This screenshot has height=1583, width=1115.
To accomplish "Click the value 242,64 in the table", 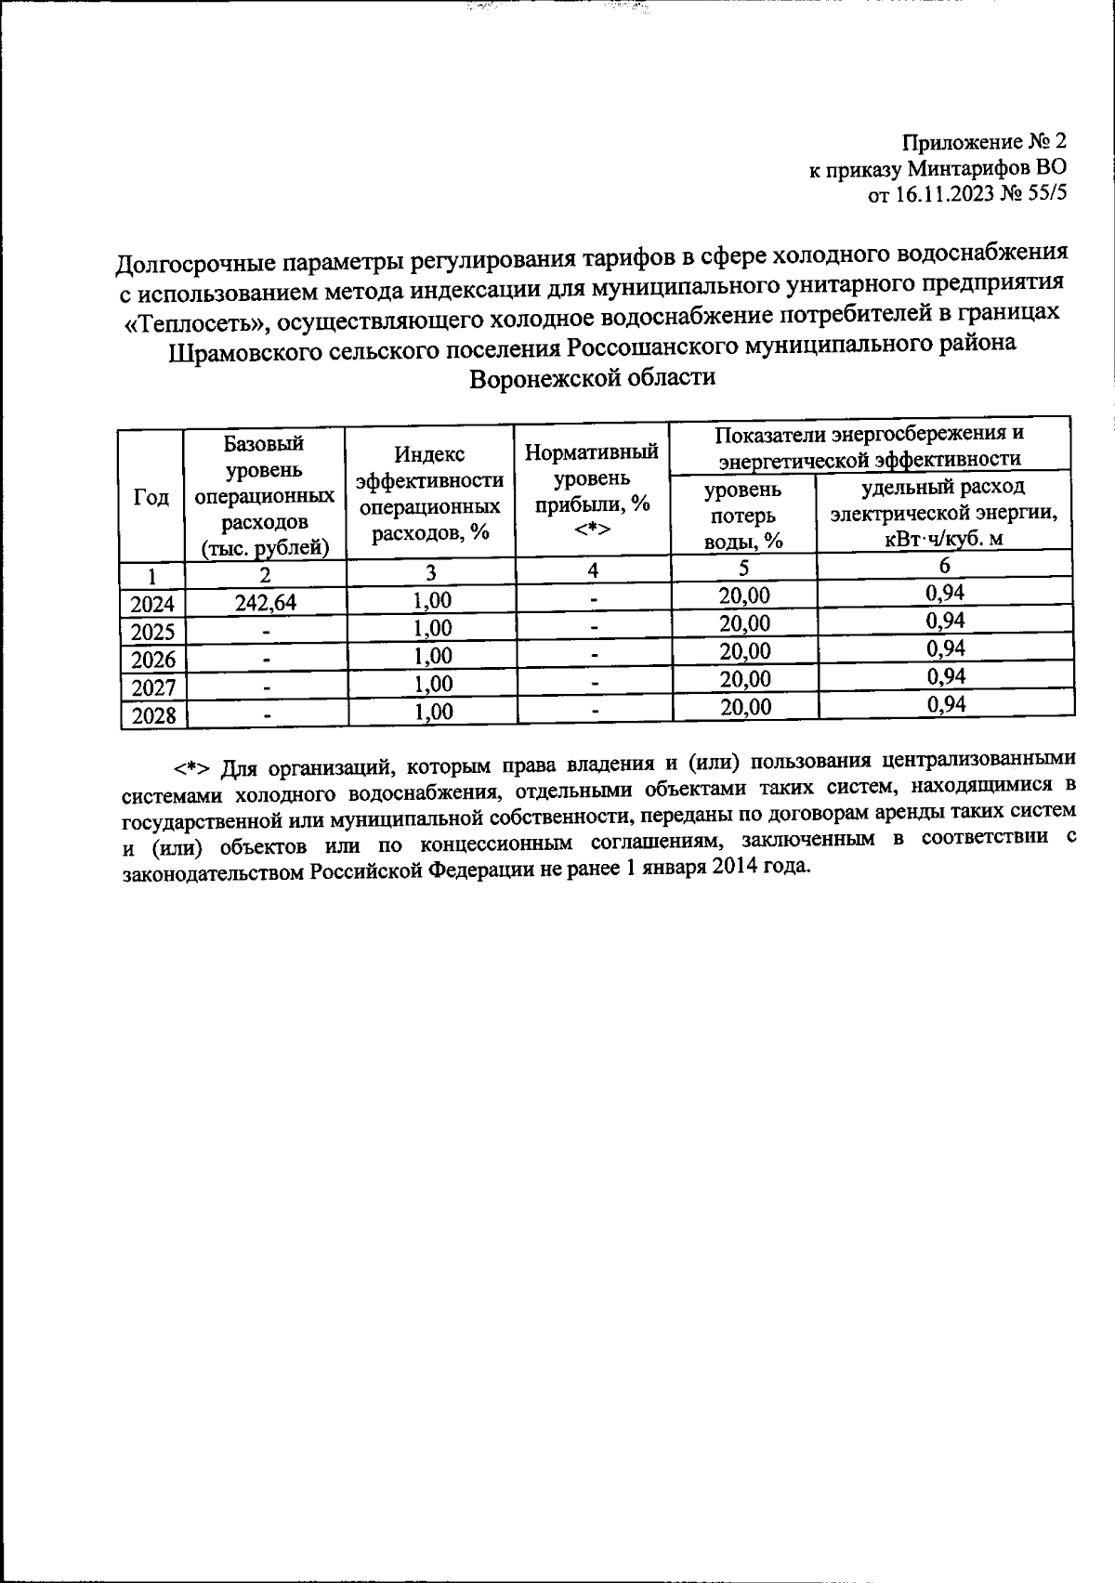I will click(265, 603).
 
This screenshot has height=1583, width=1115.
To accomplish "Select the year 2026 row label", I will click(152, 661).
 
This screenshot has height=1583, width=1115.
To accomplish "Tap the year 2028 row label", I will click(152, 716).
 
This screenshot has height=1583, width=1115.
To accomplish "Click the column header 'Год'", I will click(151, 498).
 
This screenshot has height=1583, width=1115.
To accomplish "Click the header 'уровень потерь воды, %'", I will click(743, 515).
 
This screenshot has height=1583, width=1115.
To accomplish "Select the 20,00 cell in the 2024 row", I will click(745, 595).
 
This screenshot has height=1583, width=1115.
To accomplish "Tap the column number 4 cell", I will click(592, 569).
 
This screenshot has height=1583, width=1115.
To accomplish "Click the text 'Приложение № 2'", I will click(985, 142).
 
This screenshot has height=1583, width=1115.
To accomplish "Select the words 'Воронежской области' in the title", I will click(593, 379).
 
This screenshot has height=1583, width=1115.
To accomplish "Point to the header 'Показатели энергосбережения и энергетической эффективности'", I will click(870, 446).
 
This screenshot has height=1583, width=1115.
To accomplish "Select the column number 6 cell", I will click(944, 566).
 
